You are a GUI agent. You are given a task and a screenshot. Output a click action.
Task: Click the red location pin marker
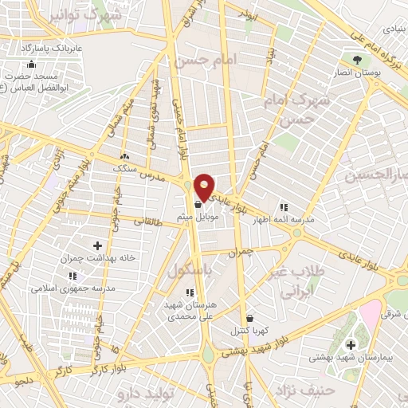pyautogui.click(x=205, y=187)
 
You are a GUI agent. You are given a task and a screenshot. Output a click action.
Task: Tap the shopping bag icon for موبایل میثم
pyautogui.click(x=197, y=204)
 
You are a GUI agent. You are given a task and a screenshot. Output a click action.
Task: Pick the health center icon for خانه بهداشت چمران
pyautogui.click(x=97, y=245)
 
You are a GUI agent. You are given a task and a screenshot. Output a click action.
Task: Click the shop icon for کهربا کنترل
pyautogui.click(x=249, y=317)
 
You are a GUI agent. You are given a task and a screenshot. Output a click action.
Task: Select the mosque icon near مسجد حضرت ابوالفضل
pyautogui.click(x=31, y=65)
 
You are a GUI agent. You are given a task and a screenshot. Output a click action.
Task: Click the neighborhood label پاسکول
pyautogui.click(x=192, y=271)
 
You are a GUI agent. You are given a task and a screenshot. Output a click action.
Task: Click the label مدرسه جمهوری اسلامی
pyautogui.click(x=79, y=287)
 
